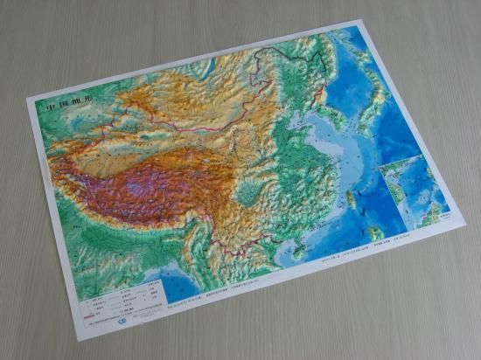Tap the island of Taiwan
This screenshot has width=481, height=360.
tap(352, 199)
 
